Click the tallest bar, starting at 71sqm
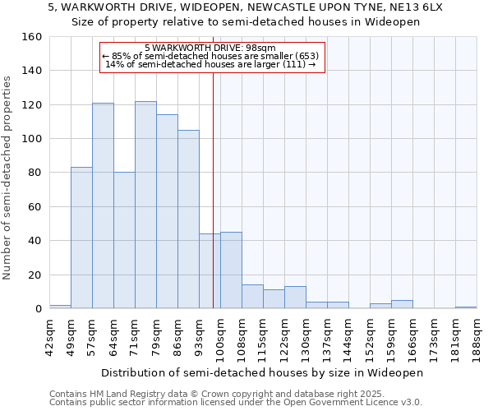point(145,205)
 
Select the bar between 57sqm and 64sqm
point(103,205)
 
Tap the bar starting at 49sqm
point(81,238)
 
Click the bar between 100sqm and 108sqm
point(231,270)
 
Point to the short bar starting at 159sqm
point(402,305)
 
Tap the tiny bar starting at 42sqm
point(60,307)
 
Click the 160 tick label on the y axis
point(31,37)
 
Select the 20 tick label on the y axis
point(35,275)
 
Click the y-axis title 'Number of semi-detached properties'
point(9,175)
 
